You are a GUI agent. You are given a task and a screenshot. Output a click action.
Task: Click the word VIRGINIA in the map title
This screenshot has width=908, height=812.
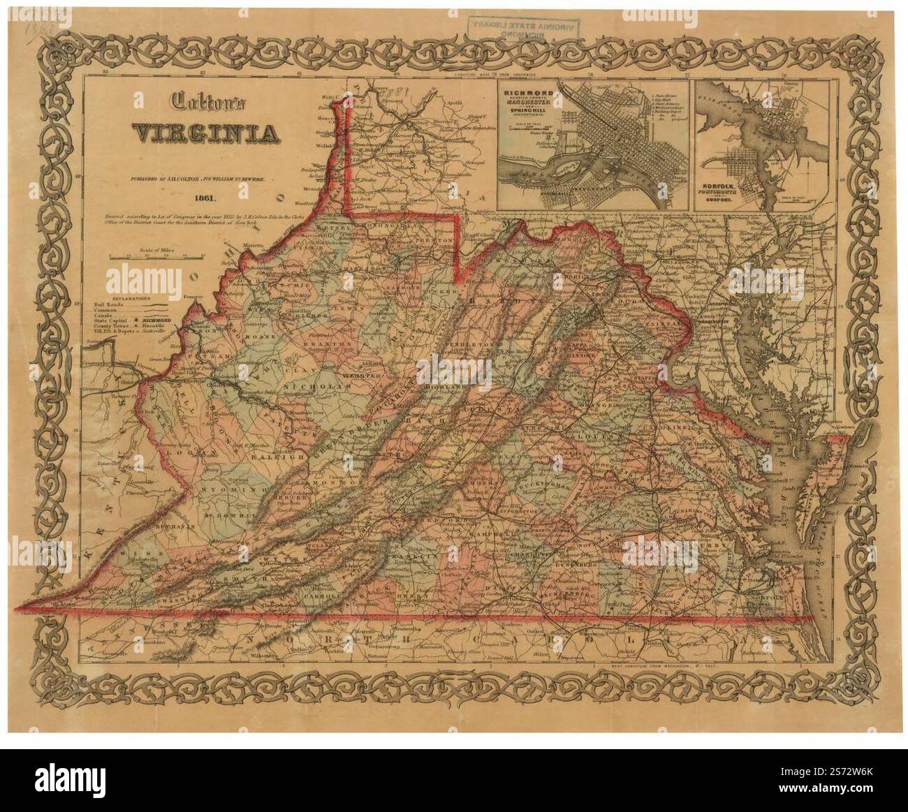pos(202,133)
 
